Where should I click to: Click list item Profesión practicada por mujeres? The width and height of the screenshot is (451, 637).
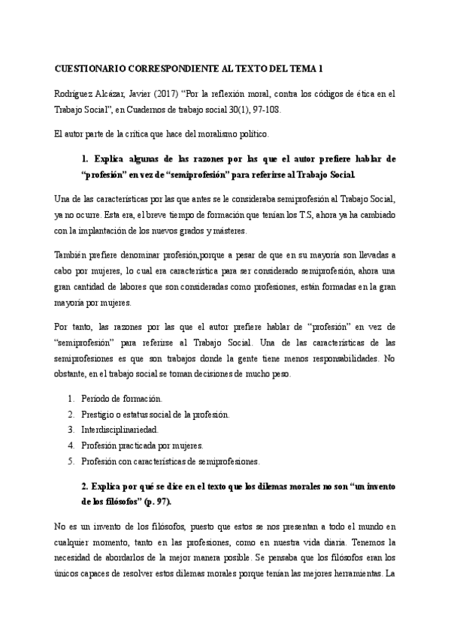pyautogui.click(x=142, y=445)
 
